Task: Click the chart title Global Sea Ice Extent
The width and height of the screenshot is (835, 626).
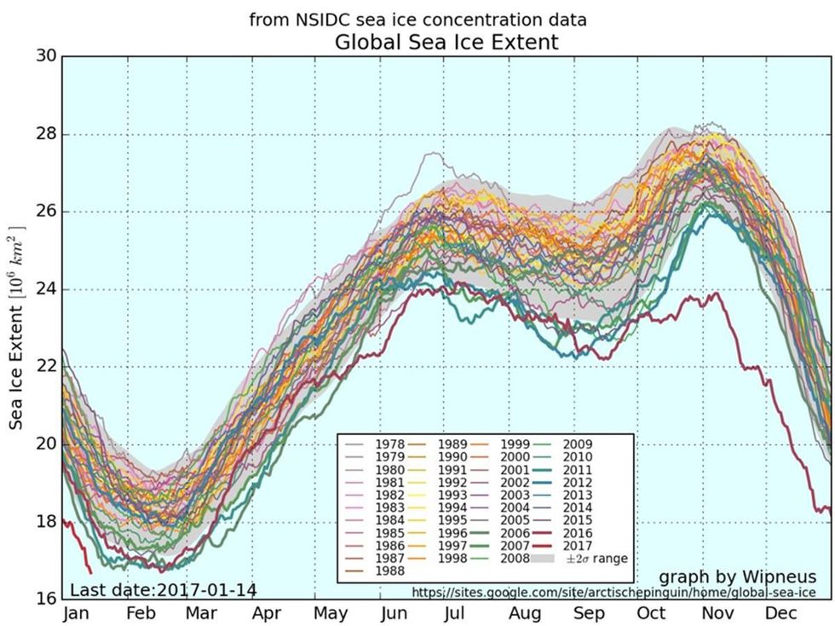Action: [446, 42]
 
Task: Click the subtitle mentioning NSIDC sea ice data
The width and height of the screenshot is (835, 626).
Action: [417, 19]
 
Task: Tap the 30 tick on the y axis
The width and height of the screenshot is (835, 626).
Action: [46, 56]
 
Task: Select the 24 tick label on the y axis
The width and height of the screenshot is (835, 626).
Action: [46, 289]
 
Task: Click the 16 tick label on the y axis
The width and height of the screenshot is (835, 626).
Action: [46, 599]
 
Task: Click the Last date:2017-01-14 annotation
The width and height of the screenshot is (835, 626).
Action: [163, 590]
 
